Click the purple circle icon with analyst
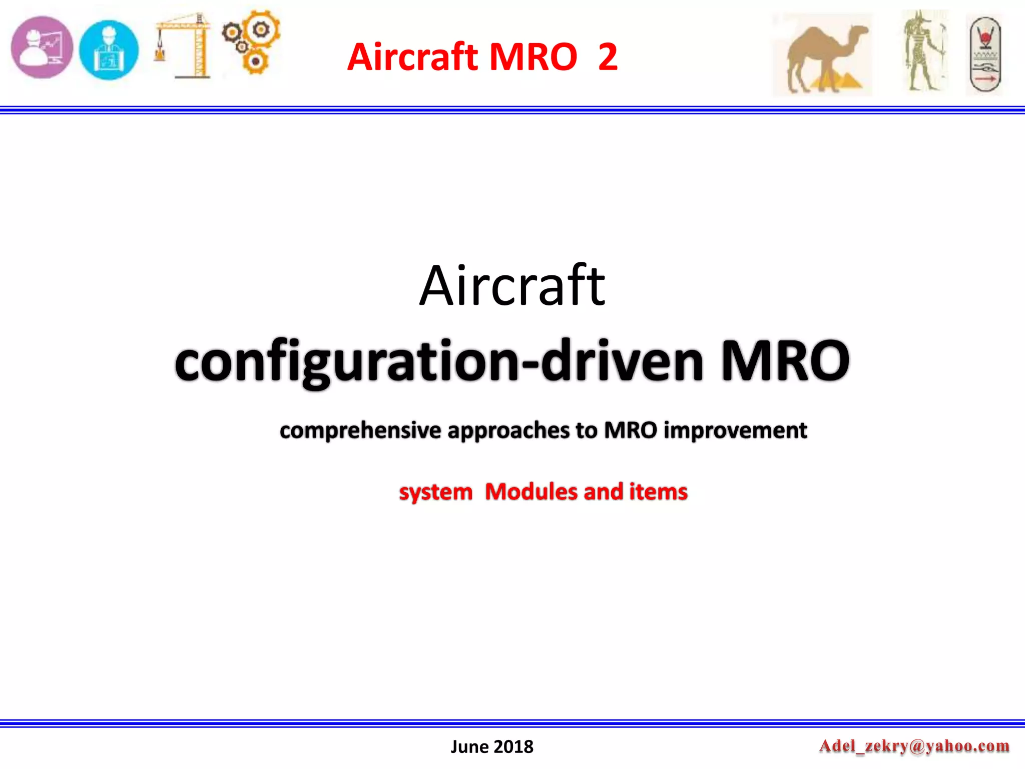(x=42, y=48)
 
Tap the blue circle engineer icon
(x=109, y=50)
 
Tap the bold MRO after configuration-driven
(x=784, y=360)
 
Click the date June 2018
(x=492, y=746)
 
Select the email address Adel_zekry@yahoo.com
(x=914, y=746)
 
